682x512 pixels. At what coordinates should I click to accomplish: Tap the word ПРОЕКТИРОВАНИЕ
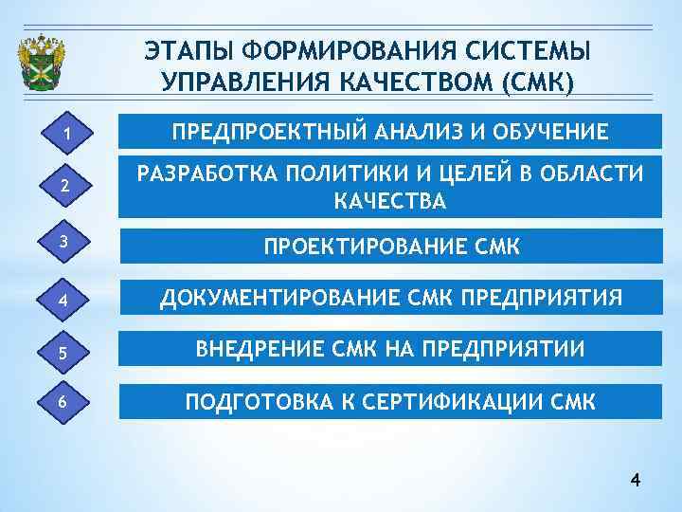[363, 247]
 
